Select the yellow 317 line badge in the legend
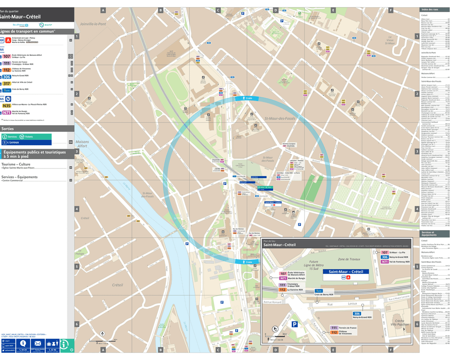6,83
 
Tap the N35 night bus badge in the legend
7,105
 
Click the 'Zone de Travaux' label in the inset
348,259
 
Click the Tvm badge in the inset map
318,291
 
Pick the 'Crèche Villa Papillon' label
398,323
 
